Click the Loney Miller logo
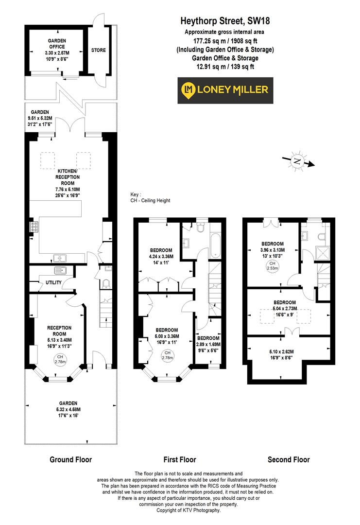click(225, 90)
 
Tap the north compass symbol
click(298, 161)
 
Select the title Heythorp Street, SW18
click(225, 21)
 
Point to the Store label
click(98, 50)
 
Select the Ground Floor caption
click(70, 459)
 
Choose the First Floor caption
click(180, 459)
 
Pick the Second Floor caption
click(288, 459)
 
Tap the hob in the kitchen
click(35, 227)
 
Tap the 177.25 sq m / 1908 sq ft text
click(225, 41)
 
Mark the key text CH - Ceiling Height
click(150, 200)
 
